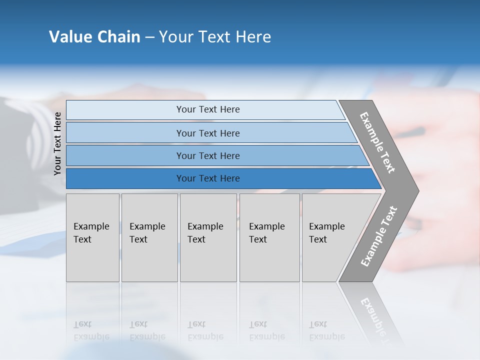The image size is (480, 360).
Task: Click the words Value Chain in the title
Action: point(94,37)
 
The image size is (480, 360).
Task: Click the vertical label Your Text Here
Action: point(57,143)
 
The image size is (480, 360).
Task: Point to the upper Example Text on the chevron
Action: point(377,142)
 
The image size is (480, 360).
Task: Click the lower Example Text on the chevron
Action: point(378,236)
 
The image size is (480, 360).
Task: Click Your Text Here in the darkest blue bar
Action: point(208,178)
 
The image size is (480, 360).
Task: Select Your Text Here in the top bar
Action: point(208,109)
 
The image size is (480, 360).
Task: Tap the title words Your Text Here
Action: point(215,37)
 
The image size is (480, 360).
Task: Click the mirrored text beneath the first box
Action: point(91,330)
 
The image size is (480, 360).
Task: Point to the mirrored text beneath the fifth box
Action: point(326,330)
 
